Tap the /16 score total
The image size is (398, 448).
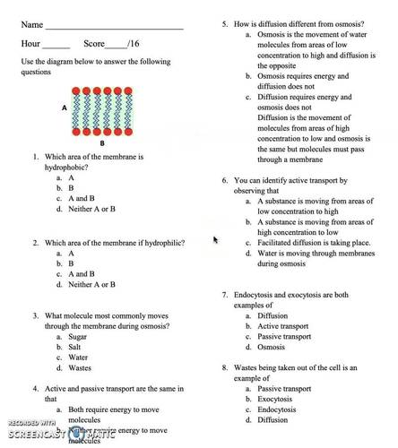[x=134, y=43]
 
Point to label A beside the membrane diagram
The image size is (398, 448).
[x=65, y=107]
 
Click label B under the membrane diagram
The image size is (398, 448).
[x=101, y=142]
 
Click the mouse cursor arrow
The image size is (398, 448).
[x=215, y=239]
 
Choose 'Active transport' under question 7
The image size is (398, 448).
[x=284, y=326]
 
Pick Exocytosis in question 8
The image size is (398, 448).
[x=277, y=399]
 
